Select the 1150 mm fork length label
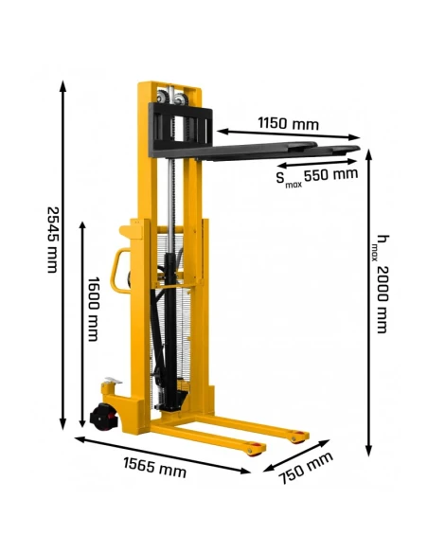[x=286, y=124]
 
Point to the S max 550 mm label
[x=316, y=174]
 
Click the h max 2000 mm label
[x=381, y=284]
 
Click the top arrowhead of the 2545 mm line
[x=64, y=83]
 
